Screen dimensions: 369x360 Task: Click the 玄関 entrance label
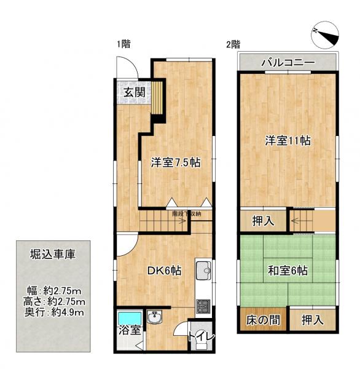133,93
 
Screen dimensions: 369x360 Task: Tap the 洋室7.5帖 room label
176,163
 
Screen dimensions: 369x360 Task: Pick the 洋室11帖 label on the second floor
288,140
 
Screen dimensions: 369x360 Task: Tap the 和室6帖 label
288,270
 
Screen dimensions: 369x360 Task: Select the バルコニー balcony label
288,62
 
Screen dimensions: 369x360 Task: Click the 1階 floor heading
123,44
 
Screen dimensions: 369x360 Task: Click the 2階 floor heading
233,44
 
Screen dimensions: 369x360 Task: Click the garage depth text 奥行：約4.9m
55,313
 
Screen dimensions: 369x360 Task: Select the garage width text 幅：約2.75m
55,290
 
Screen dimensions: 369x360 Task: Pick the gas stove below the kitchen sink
203,305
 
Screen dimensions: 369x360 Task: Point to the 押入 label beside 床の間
313,320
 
